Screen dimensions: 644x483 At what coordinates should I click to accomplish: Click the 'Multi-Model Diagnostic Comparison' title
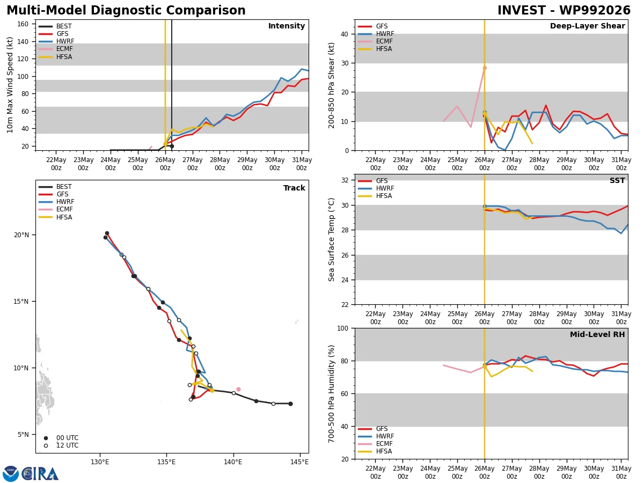click(x=126, y=10)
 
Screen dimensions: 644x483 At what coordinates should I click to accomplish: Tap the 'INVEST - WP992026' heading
click(x=564, y=10)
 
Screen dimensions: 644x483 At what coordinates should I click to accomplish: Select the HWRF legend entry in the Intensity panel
click(x=56, y=41)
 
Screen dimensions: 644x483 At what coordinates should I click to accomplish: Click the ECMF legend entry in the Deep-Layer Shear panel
click(x=375, y=41)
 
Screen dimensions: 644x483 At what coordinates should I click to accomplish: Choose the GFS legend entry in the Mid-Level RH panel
click(x=372, y=429)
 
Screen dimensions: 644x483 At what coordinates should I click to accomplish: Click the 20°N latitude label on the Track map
click(x=21, y=235)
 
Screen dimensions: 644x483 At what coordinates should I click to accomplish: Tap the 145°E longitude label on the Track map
click(x=299, y=462)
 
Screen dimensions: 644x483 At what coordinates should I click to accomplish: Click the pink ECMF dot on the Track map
click(x=238, y=390)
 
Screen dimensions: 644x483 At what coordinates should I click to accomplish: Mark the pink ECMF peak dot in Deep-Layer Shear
click(x=485, y=68)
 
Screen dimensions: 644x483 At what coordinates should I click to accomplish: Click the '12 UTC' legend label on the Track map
click(x=68, y=445)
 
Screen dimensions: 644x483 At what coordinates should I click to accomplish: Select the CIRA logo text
click(x=40, y=474)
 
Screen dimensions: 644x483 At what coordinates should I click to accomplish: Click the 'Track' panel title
click(x=294, y=188)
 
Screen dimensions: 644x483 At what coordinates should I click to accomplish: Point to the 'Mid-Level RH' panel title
click(x=597, y=334)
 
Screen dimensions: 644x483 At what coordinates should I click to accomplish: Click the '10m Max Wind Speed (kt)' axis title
click(x=10, y=85)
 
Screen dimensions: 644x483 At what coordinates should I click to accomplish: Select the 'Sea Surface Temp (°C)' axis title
click(x=331, y=240)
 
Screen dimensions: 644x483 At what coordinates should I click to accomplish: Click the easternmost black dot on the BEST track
click(x=290, y=404)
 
